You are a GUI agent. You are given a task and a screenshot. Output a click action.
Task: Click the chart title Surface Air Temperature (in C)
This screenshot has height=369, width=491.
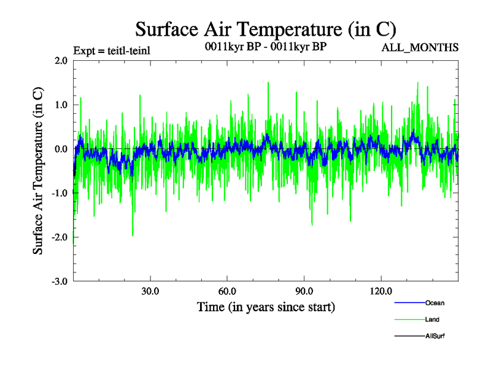[266, 29]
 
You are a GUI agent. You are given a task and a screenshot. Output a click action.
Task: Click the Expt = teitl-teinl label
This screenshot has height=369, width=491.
[111, 50]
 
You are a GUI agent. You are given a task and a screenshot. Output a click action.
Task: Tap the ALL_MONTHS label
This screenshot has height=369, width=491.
[420, 47]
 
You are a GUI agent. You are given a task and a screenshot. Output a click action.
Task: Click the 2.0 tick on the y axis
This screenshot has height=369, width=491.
[61, 61]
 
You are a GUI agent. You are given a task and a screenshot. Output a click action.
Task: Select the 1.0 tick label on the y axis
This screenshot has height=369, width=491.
[61, 105]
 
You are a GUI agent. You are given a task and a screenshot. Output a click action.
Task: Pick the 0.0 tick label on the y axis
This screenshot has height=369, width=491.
[61, 149]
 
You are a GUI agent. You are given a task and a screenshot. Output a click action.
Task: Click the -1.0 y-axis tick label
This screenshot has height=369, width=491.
[60, 193]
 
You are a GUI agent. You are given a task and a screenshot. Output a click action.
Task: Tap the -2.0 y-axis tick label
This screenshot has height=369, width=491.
[60, 237]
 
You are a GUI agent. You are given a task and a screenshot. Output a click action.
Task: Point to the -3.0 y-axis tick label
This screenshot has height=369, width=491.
[60, 282]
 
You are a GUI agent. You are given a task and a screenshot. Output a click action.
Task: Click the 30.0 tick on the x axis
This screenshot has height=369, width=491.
[150, 291]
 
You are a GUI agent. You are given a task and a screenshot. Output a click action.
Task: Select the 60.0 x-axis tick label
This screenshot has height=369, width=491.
[227, 291]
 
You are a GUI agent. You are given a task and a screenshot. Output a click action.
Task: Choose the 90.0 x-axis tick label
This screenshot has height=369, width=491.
[304, 291]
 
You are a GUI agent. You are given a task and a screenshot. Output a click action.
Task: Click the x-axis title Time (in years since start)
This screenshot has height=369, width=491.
[266, 306]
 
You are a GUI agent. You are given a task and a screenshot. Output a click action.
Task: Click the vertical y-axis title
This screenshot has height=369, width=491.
[38, 170]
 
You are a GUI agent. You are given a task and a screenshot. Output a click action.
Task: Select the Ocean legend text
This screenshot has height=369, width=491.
[435, 303]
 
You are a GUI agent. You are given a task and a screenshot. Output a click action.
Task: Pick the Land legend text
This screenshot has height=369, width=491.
[432, 320]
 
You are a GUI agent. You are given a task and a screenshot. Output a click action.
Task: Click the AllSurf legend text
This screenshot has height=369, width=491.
[435, 336]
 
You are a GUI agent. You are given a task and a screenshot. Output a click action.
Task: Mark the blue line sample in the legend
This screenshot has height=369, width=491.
[408, 303]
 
